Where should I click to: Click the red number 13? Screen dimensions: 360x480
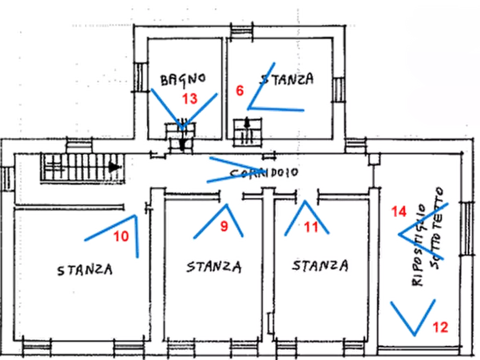point(190,98)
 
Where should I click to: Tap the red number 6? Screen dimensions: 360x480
point(240,90)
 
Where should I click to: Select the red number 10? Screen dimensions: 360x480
point(121,235)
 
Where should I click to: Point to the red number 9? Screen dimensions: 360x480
point(224,227)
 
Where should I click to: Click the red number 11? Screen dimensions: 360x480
point(311,227)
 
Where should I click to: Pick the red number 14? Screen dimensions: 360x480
point(398,212)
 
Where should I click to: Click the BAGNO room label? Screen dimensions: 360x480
point(183,79)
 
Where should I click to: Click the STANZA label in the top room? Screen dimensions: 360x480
point(286,80)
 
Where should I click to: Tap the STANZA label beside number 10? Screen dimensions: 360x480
point(85,269)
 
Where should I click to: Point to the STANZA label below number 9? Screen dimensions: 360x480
point(214,266)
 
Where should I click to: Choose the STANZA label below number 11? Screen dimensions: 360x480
point(319,265)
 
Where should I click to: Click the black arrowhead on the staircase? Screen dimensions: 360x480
point(114,167)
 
